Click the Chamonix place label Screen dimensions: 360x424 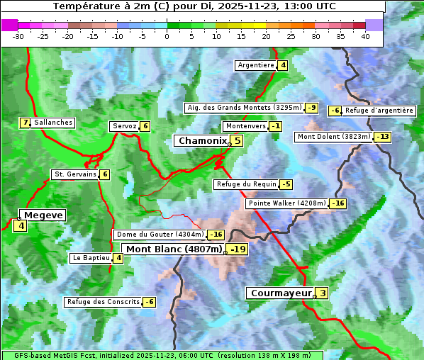tap(202, 141)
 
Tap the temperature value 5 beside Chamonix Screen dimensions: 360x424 tap(238, 141)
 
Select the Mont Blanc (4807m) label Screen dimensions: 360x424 tap(174, 249)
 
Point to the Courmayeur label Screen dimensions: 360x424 tap(281, 293)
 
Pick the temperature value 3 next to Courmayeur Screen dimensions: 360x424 tap(323, 293)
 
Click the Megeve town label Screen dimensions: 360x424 tap(44, 215)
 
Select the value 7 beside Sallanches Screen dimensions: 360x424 tap(26, 123)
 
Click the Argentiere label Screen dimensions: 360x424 tap(256, 65)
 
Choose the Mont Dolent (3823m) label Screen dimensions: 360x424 tap(334, 137)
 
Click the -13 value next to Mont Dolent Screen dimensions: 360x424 tap(383, 137)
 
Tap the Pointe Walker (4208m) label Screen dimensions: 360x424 tap(287, 203)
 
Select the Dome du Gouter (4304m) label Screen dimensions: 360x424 tap(160, 235)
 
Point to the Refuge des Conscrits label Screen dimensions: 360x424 tap(103, 302)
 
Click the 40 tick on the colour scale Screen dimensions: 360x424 tap(365, 36)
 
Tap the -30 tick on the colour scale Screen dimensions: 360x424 tap(18, 36)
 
